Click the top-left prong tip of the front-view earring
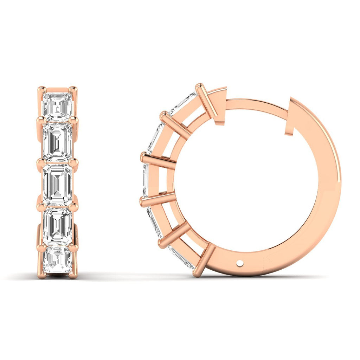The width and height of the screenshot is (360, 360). click(x=41, y=89)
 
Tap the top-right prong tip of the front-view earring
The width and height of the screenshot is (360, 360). click(x=73, y=89)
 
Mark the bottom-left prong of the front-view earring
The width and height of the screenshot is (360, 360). click(x=41, y=275)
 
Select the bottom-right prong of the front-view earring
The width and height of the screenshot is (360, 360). click(x=73, y=275)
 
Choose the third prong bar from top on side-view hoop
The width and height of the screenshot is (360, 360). click(x=158, y=161)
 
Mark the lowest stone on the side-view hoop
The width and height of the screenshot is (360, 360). click(x=181, y=257)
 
